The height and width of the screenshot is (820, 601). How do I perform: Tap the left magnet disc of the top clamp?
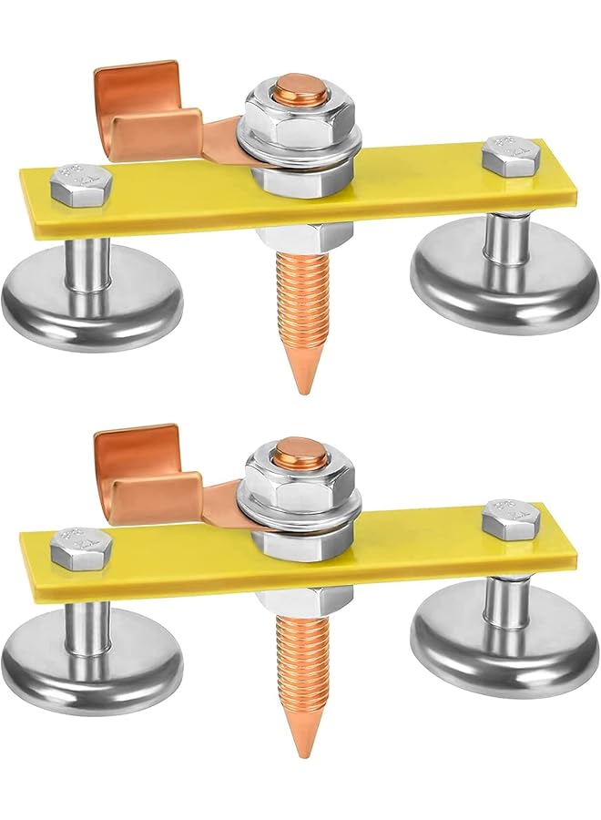(x=91, y=301)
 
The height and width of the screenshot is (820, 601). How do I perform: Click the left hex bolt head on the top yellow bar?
(x=82, y=184)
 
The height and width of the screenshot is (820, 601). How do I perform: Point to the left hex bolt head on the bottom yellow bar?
(x=82, y=548)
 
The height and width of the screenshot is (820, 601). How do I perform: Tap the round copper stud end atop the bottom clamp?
(x=300, y=453)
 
